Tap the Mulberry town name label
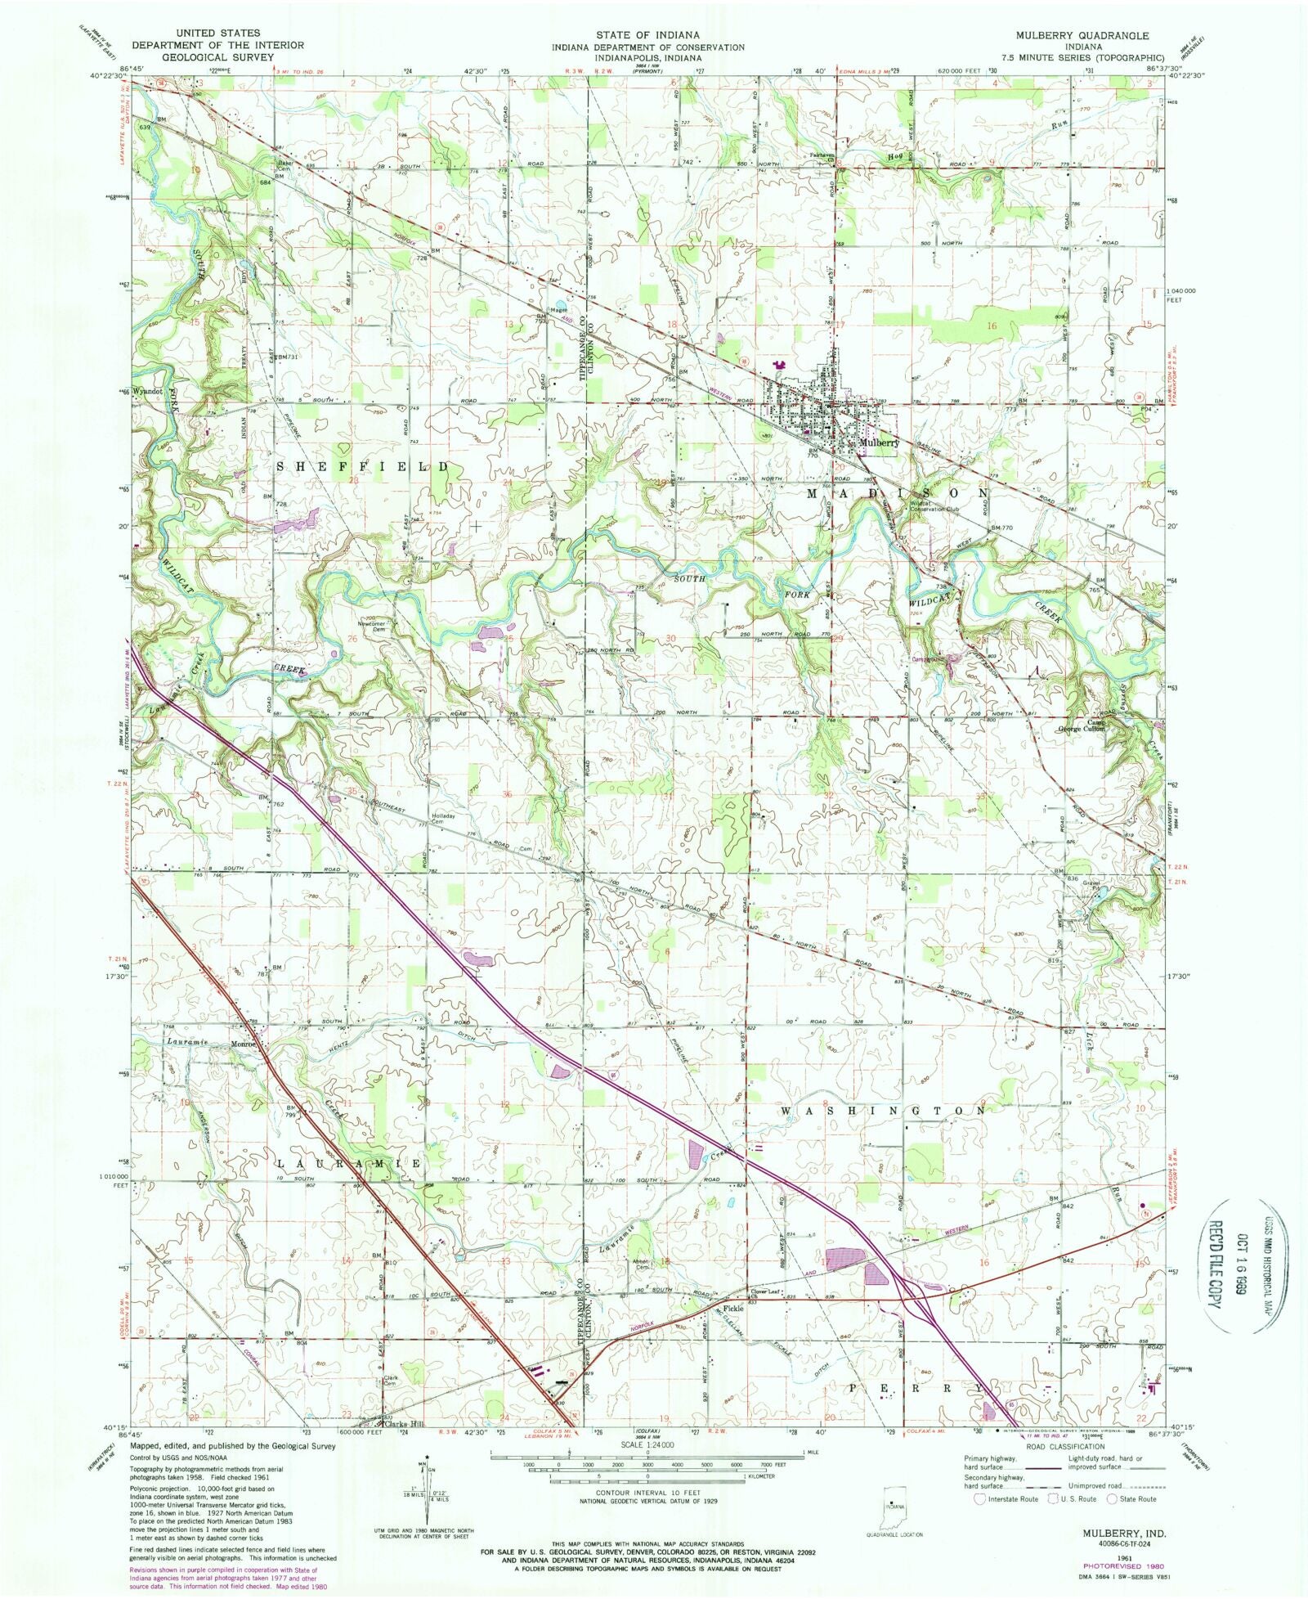pos(879,442)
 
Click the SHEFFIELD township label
pos(362,466)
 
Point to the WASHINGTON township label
pos(883,1111)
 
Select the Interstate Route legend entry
pos(1007,1499)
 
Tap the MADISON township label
pos(898,493)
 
